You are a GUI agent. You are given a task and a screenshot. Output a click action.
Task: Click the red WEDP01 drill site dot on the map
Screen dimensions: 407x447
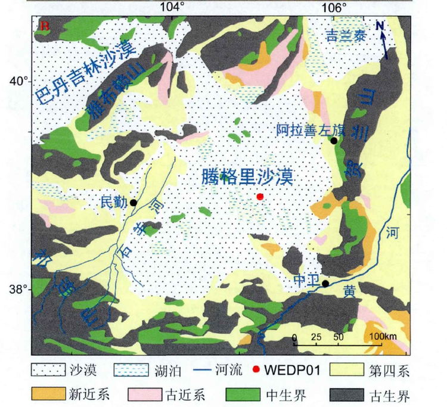coord(259,197)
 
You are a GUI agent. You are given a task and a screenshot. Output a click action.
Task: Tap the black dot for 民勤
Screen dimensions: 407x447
coord(134,203)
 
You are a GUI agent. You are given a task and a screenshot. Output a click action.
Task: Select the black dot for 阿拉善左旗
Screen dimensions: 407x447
coord(334,141)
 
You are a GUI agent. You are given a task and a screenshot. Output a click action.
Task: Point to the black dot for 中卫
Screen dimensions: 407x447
coord(325,283)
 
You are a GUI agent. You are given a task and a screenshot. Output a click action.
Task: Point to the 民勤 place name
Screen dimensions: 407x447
coord(114,203)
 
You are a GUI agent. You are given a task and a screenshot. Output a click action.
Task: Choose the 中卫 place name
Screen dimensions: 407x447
coord(306,279)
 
